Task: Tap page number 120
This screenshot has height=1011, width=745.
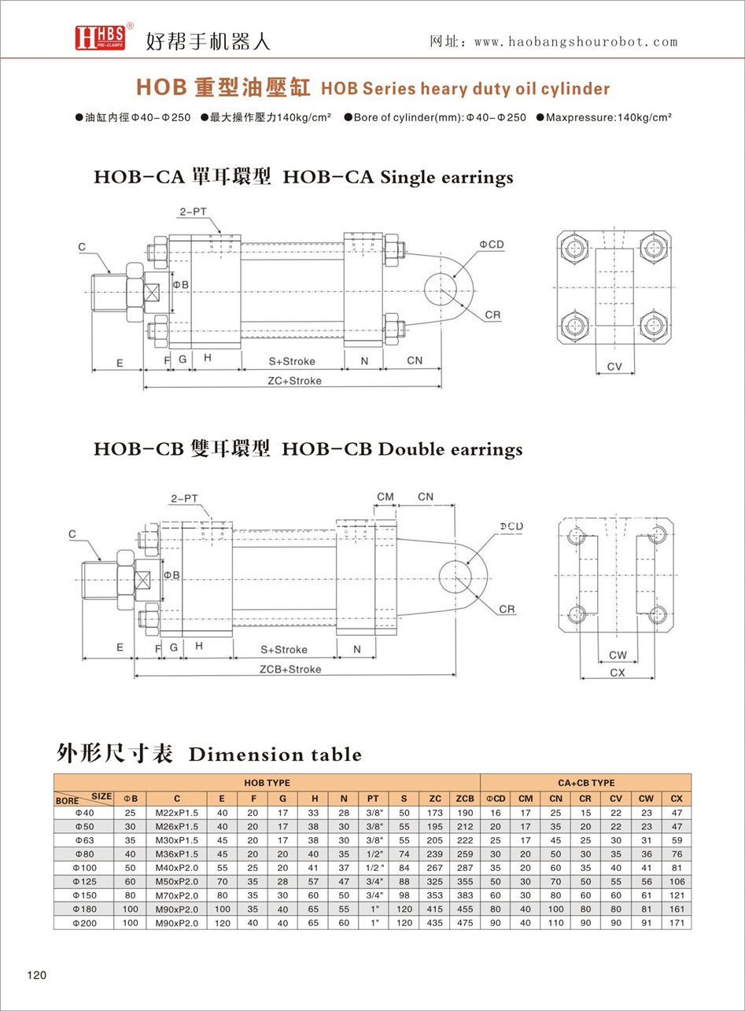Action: [x=37, y=976]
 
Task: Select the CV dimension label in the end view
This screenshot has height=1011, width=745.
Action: [x=614, y=367]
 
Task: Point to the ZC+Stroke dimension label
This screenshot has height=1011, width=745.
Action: [x=294, y=380]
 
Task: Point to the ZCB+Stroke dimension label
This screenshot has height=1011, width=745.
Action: [x=290, y=670]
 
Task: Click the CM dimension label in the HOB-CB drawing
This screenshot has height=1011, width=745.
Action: [x=385, y=496]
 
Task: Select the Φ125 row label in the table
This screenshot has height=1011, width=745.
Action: [x=84, y=882]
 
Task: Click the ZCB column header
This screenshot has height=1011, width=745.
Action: [x=465, y=798]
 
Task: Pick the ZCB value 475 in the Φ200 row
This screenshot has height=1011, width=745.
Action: [x=465, y=923]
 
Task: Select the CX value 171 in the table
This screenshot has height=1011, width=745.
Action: [x=676, y=923]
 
